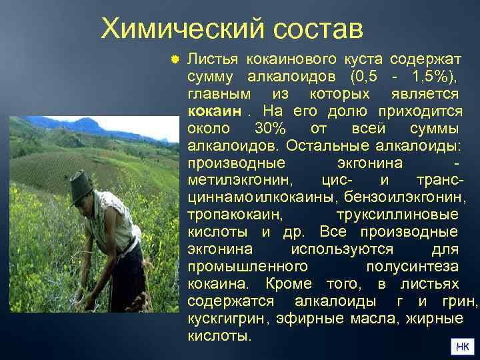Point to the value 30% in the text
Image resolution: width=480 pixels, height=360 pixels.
coord(269,127)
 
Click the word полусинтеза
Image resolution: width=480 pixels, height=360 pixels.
coord(412,267)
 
